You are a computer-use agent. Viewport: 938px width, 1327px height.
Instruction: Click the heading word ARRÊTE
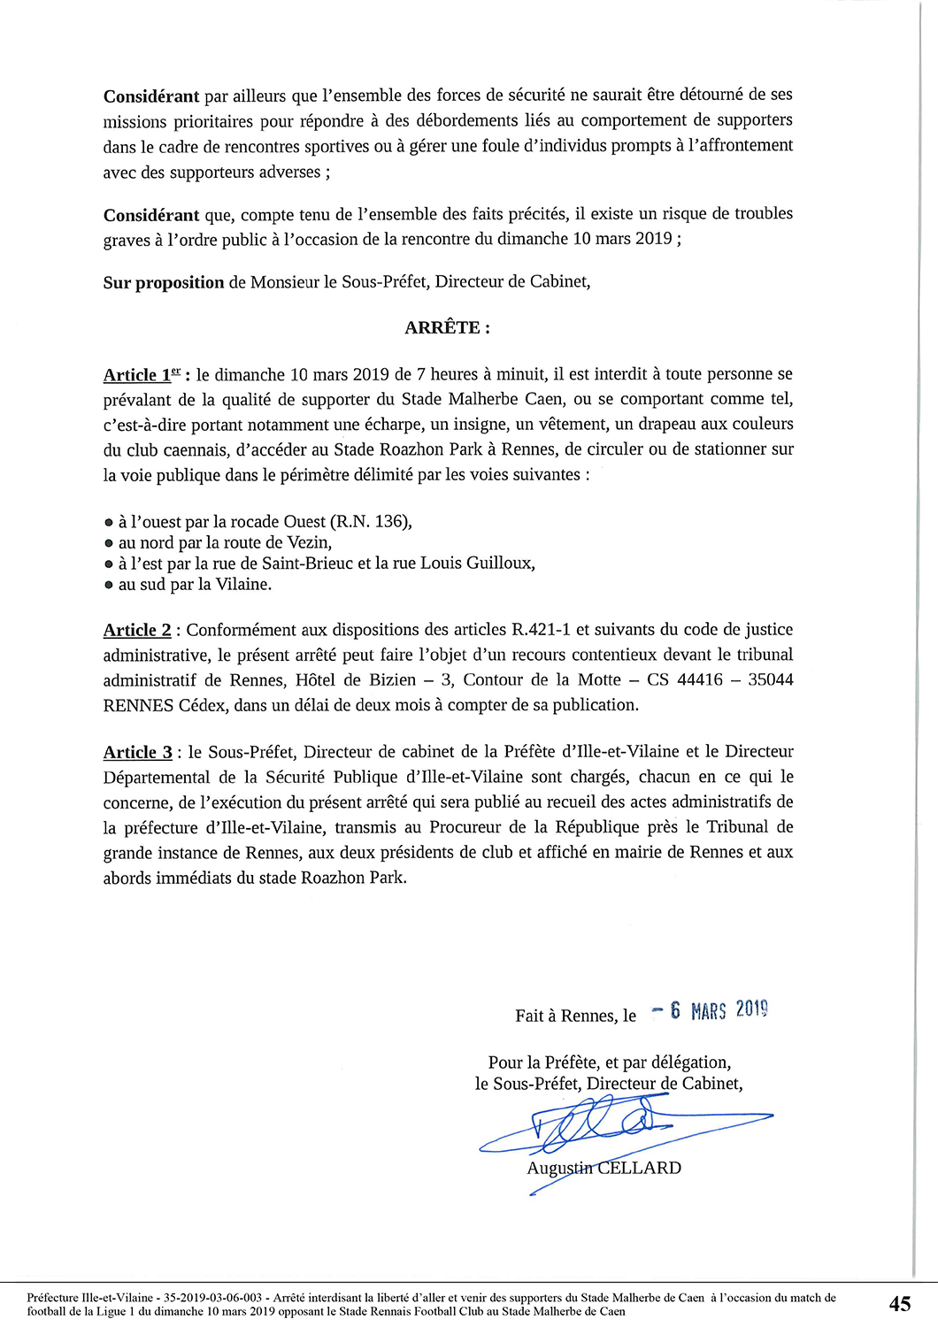coord(442,328)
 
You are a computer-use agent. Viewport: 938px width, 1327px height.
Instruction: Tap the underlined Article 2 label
coord(137,630)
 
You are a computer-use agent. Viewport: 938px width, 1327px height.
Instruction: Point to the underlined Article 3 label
coord(138,752)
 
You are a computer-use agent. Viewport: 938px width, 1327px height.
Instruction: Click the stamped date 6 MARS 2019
coord(719,1010)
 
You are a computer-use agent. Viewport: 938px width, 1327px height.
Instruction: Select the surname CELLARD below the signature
coord(639,1168)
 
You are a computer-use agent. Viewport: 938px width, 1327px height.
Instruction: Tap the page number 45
coord(899,1304)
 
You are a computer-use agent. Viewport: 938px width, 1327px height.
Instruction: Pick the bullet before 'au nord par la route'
coord(109,543)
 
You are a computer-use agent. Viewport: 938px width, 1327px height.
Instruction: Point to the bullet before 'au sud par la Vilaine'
coord(109,585)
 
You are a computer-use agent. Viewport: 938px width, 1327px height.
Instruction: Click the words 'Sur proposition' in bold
coord(164,283)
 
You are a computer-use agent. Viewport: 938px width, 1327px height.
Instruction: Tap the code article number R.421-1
coord(541,630)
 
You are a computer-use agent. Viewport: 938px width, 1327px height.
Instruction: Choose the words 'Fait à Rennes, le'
coord(575,1016)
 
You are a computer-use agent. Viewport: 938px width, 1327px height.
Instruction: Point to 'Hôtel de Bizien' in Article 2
coord(355,679)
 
